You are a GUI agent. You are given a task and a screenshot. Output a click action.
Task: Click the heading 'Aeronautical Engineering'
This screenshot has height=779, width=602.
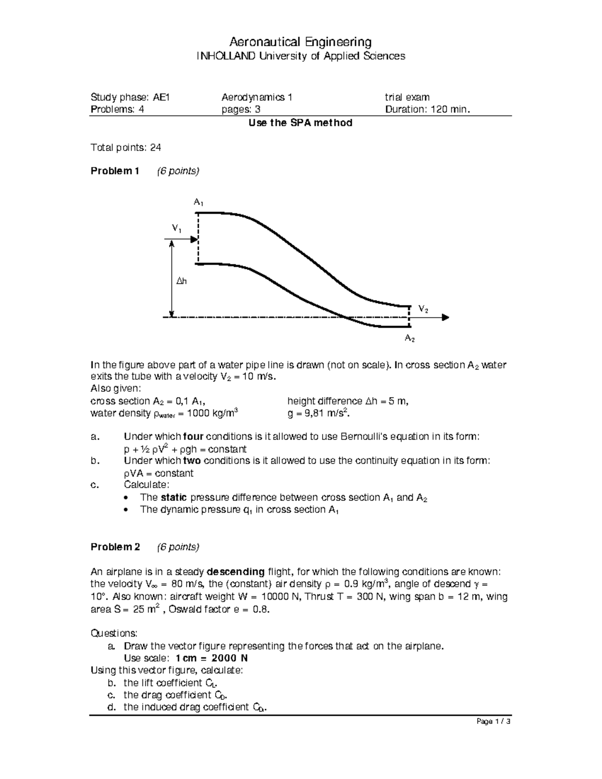(x=300, y=41)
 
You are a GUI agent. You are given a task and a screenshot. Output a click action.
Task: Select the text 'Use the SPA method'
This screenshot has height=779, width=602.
(x=300, y=123)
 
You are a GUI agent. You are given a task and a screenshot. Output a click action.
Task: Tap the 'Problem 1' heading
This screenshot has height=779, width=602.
(x=114, y=171)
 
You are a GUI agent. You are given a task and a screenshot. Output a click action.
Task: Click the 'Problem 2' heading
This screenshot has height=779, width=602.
(x=115, y=547)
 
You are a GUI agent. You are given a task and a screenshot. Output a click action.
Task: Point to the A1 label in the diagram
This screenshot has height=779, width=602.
(x=198, y=203)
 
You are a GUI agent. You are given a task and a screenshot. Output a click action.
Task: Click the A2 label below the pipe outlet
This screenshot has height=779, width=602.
(x=409, y=339)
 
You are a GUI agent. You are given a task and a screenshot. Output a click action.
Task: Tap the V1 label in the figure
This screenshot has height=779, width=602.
(x=177, y=229)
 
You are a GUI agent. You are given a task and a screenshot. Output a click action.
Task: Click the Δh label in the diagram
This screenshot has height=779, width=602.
(x=181, y=282)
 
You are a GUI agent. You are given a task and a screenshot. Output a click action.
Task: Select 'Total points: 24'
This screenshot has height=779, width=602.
(x=125, y=147)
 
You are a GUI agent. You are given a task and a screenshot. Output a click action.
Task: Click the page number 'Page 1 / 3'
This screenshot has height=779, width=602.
(x=494, y=722)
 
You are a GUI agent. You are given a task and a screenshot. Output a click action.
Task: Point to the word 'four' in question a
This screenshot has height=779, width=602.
(x=194, y=436)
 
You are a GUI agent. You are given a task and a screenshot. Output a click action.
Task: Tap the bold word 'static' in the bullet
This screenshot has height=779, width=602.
(x=174, y=497)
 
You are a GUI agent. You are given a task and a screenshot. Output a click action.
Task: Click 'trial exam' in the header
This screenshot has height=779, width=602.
(x=407, y=97)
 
